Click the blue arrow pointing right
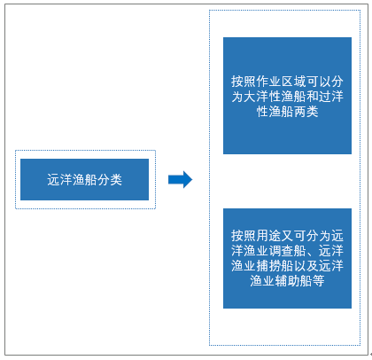[x=180, y=179]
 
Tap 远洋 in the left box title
[x=59, y=180]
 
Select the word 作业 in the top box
[x=268, y=82]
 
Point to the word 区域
[x=293, y=82]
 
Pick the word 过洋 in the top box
[x=331, y=97]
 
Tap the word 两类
[x=306, y=112]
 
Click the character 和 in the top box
[x=312, y=97]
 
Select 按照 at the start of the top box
[x=244, y=82]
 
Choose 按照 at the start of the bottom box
[x=244, y=236]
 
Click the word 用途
[x=268, y=236]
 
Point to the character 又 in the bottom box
[x=287, y=236]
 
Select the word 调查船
[x=287, y=251]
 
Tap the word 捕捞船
[x=275, y=266]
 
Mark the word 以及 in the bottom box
[x=306, y=266]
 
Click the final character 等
[x=318, y=281]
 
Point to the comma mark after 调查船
[x=310, y=254]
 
